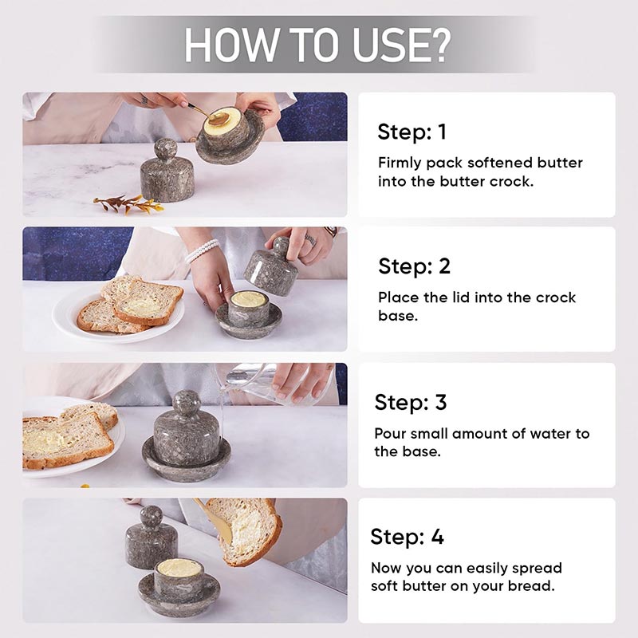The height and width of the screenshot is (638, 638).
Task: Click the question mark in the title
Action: point(438,45)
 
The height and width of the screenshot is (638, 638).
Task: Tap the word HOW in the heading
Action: point(230,45)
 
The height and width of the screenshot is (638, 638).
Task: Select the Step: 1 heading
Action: point(412,132)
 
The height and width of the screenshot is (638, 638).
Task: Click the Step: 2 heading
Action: point(414,266)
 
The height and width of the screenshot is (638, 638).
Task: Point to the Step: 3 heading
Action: point(411,403)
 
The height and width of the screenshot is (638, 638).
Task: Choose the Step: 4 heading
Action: point(407,537)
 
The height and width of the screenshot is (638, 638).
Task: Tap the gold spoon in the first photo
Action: point(207,114)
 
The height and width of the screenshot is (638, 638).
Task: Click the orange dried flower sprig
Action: point(128,204)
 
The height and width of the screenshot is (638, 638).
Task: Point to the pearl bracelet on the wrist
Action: point(203,251)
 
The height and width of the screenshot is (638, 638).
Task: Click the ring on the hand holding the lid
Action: point(310,240)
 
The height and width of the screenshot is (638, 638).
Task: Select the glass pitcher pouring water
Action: point(281,384)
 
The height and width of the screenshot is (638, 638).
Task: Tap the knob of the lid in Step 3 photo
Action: point(187,403)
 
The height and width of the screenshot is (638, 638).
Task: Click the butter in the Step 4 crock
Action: point(179,567)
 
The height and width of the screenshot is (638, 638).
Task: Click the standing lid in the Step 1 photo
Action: point(167,170)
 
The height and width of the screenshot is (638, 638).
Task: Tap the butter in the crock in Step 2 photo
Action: point(249,298)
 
